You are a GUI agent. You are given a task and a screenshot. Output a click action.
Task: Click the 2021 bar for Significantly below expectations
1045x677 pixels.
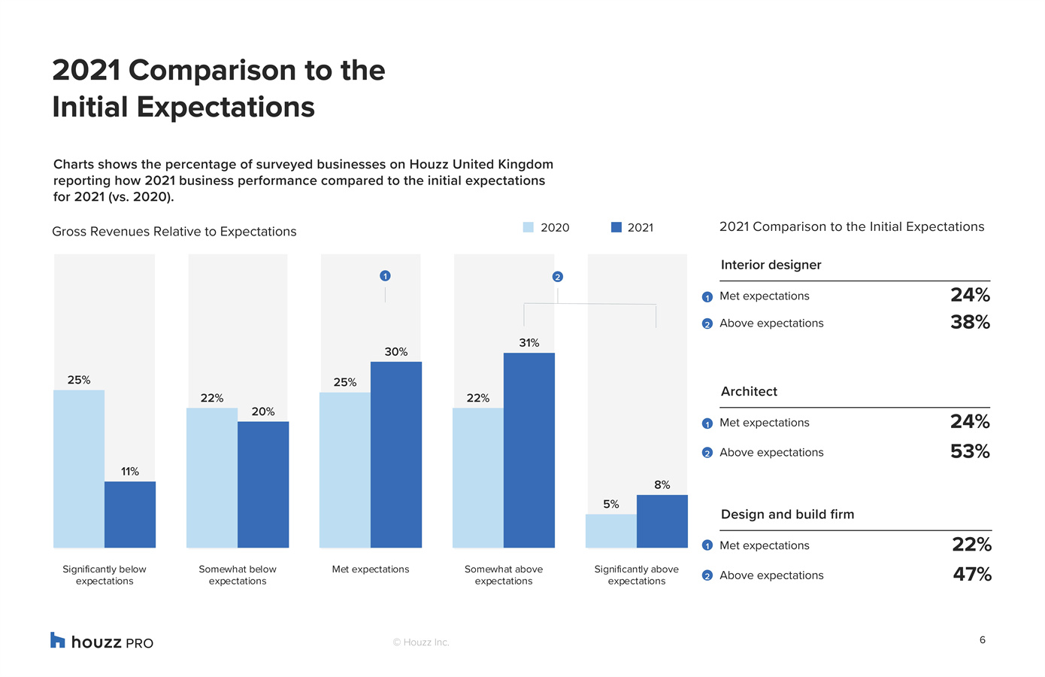(x=130, y=515)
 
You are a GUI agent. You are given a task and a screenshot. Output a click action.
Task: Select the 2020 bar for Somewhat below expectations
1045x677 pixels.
(x=212, y=478)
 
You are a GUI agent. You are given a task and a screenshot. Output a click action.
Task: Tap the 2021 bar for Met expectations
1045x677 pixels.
(x=396, y=455)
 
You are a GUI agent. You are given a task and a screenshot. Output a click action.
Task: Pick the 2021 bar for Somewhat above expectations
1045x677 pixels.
(x=529, y=450)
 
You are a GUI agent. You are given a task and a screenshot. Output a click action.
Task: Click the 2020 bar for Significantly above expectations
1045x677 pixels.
(x=611, y=531)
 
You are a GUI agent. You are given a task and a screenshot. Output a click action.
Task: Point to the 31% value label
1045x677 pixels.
(x=529, y=343)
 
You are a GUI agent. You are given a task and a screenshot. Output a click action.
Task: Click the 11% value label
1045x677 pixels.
(x=130, y=472)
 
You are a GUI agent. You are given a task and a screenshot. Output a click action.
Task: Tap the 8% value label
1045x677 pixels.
(x=662, y=484)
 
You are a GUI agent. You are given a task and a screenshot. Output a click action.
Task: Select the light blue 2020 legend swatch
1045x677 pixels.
(x=528, y=227)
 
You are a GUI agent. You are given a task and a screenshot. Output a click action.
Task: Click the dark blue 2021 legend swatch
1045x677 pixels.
(x=616, y=227)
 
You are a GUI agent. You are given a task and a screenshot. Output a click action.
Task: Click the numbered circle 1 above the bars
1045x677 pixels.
(x=385, y=276)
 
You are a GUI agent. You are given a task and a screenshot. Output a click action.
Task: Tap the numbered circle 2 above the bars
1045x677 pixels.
(x=558, y=277)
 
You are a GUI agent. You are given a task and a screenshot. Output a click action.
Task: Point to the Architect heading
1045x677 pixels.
(x=749, y=391)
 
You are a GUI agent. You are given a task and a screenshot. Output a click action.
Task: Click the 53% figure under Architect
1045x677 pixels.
(x=971, y=451)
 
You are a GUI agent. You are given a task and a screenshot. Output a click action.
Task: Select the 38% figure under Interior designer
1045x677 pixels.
(x=971, y=322)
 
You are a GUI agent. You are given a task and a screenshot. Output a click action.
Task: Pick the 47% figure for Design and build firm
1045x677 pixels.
(x=972, y=574)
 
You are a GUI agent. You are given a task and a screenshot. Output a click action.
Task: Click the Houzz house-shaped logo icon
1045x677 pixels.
(x=57, y=640)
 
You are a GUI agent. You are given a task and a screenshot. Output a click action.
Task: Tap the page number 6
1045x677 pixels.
(x=983, y=639)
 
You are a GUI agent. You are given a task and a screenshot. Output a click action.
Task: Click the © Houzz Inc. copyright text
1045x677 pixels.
(x=421, y=642)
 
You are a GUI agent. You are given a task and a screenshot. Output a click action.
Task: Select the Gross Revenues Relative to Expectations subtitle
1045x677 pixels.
(x=174, y=232)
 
